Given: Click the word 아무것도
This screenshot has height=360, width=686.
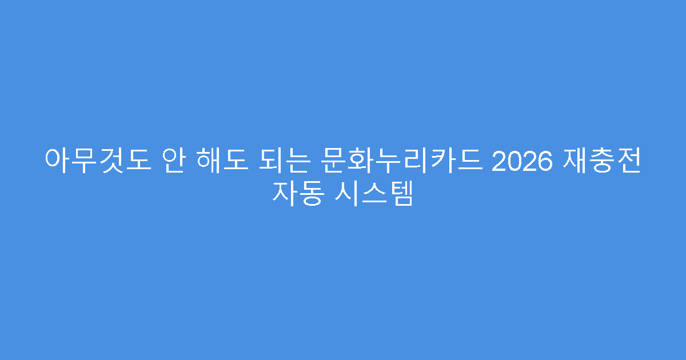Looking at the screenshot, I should pyautogui.click(x=97, y=159).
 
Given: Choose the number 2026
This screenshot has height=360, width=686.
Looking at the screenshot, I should pyautogui.click(x=522, y=159).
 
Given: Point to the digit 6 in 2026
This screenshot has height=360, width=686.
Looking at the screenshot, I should pyautogui.click(x=546, y=159).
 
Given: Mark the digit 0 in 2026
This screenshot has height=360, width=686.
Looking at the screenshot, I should pyautogui.click(x=514, y=159).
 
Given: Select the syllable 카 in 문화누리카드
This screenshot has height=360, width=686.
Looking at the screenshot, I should pyautogui.click(x=440, y=159).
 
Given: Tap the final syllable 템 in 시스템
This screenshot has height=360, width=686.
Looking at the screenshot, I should pyautogui.click(x=401, y=194).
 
